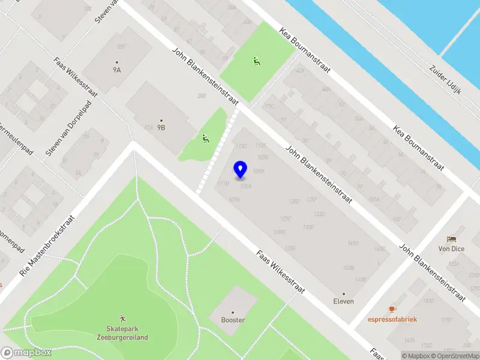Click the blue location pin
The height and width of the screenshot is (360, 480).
241,170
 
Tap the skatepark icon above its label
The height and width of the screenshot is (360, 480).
122,318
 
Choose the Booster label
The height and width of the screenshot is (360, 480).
233,320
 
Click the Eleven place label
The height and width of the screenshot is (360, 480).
344,301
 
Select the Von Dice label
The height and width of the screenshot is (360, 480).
451,248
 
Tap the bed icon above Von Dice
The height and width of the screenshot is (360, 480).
451,239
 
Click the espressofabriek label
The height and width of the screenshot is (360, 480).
392,319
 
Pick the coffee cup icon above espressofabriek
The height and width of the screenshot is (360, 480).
392,309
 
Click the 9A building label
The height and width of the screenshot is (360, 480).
117,69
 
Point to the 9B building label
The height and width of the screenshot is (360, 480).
161,127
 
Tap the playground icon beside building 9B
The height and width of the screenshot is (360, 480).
206,139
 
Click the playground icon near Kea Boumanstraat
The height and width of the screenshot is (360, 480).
257,61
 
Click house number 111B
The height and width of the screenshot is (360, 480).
223,183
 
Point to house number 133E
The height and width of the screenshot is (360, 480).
308,227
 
